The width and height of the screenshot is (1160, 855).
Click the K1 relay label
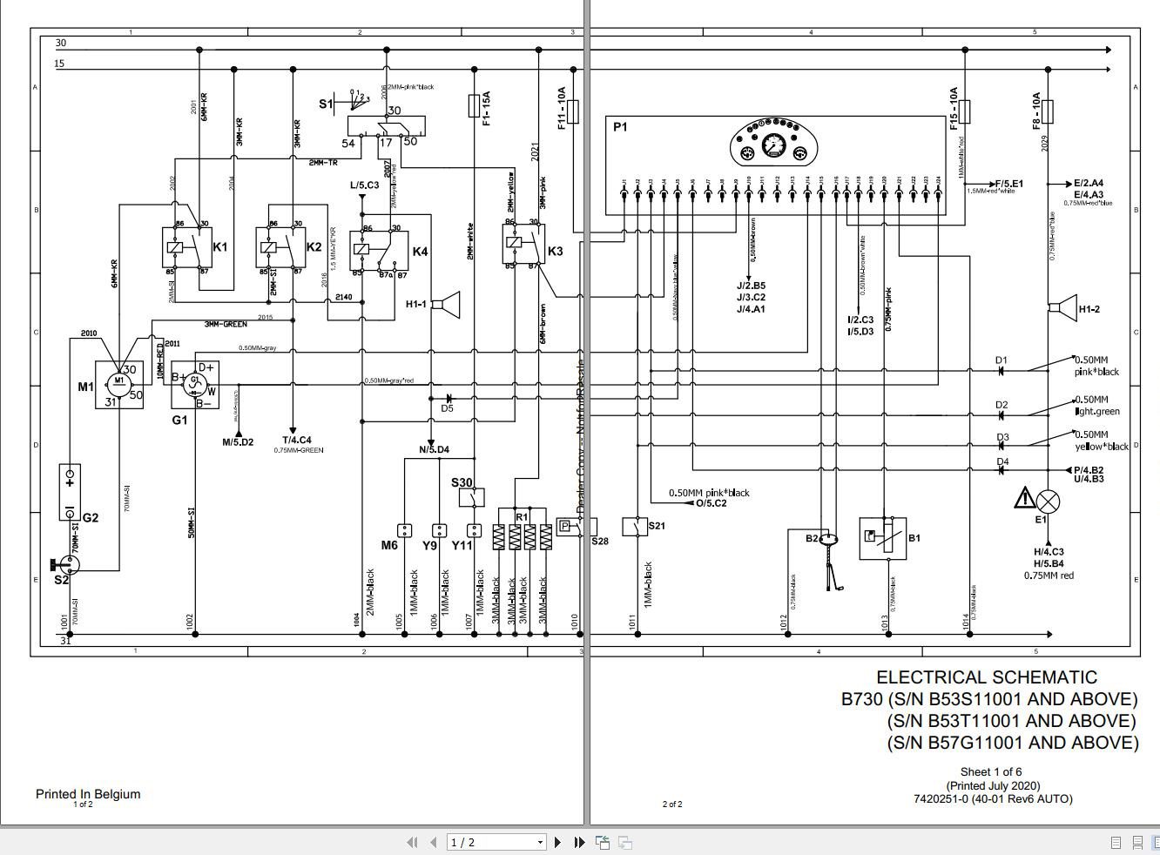pyautogui.click(x=219, y=247)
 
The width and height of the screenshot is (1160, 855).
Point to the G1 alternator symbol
pyautogui.click(x=194, y=384)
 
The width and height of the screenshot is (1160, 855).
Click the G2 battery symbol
pyautogui.click(x=70, y=492)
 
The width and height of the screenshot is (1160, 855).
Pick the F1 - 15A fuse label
pyautogui.click(x=486, y=107)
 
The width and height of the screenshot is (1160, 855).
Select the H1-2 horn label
pyautogui.click(x=1089, y=309)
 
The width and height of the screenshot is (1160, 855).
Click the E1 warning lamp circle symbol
pyautogui.click(x=1049, y=501)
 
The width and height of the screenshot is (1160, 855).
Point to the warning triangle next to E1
pyautogui.click(x=1024, y=499)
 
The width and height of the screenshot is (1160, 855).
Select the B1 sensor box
pyautogui.click(x=882, y=538)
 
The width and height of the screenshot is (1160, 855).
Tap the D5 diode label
pyautogui.click(x=447, y=408)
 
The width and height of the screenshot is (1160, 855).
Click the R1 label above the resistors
pyautogui.click(x=522, y=516)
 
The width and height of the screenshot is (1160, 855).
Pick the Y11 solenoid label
pyautogui.click(x=462, y=546)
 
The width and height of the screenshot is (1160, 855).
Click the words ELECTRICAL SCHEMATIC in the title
pyautogui.click(x=986, y=677)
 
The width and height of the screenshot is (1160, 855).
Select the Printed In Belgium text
pyautogui.click(x=87, y=793)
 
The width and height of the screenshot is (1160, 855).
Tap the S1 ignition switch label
pyautogui.click(x=325, y=104)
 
